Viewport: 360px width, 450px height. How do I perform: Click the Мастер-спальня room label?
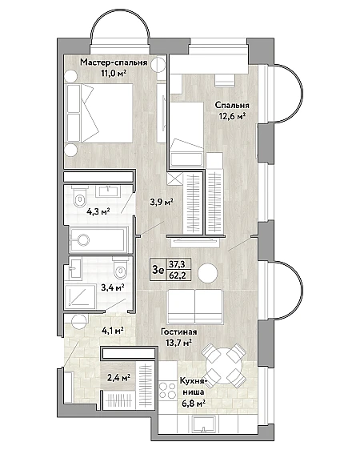[114, 62]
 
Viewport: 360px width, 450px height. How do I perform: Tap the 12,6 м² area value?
[232, 116]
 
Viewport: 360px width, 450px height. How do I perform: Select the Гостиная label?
[179, 331]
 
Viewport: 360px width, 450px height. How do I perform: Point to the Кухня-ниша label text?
[193, 386]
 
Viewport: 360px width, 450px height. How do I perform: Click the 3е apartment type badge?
[158, 270]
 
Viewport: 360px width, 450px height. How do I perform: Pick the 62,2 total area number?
[177, 275]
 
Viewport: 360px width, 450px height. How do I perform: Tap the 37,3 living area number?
[177, 263]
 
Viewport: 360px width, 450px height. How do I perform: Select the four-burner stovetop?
[168, 390]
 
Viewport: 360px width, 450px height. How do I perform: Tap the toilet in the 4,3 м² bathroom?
[79, 197]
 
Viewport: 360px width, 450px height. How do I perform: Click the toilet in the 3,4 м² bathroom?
[120, 269]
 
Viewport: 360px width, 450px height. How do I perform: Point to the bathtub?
[98, 239]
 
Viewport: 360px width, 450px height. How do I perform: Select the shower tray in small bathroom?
[80, 296]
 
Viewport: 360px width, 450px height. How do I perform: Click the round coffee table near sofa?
[208, 272]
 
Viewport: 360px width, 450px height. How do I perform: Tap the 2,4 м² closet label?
[119, 377]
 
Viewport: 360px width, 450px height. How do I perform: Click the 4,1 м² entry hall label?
[112, 331]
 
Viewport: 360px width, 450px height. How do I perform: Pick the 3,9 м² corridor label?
[162, 203]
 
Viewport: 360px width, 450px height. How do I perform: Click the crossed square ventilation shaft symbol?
[174, 179]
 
